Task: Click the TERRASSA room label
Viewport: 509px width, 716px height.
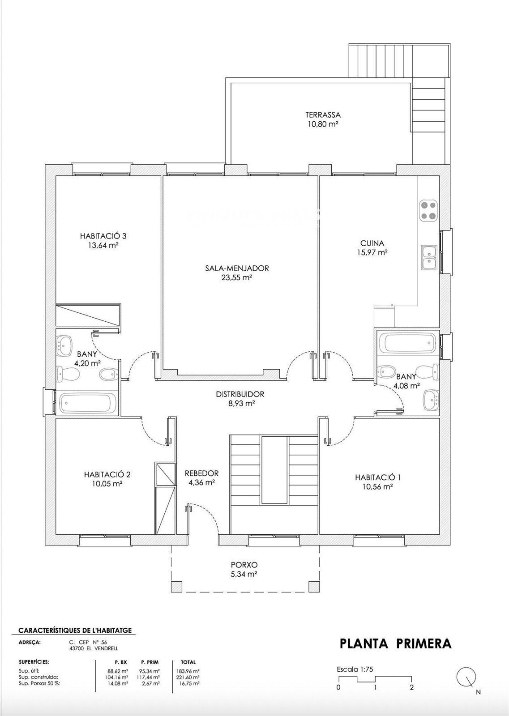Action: point(323,115)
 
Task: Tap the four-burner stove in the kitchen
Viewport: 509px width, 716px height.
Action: point(428,210)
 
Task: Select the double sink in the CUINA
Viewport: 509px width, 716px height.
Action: point(429,258)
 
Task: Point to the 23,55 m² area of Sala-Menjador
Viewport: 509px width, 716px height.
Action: point(237,277)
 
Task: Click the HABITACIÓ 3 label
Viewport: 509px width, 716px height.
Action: point(103,236)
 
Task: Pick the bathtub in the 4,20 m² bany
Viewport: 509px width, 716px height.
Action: point(87,403)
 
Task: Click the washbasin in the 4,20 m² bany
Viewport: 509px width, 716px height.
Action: point(65,346)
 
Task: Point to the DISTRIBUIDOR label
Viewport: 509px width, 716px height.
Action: point(240,394)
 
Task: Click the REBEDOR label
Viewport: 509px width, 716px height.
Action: point(202,473)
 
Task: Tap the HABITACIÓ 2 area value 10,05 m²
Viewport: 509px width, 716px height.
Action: point(107,484)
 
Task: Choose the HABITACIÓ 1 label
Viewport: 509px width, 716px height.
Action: point(378,477)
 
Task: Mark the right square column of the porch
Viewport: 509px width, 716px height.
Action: point(314,586)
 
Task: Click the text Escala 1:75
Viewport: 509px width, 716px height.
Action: point(355,667)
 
